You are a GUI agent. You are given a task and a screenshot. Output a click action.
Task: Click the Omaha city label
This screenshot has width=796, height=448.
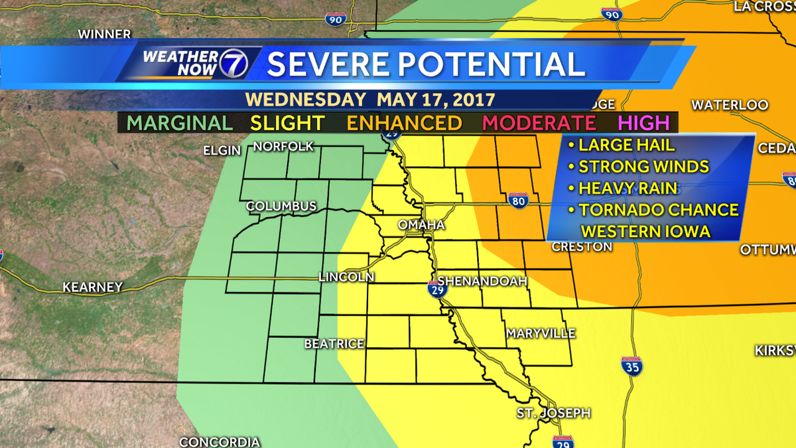[421, 226]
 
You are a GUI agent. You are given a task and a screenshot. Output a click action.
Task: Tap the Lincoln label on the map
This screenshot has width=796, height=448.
[346, 277]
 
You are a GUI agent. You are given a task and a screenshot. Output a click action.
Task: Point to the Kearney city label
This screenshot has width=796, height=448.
[93, 287]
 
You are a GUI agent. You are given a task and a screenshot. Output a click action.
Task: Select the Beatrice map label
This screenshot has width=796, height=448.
[334, 343]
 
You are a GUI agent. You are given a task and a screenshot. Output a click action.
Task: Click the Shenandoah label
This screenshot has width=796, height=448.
[482, 281]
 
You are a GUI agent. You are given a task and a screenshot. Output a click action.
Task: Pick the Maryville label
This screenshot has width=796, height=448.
[541, 333]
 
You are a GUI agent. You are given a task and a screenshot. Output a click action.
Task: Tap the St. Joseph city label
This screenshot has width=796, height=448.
[554, 413]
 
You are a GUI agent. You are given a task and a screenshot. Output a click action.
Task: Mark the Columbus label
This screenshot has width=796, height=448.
[281, 206]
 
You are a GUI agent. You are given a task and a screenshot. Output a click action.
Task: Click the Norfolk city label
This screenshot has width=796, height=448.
[283, 146]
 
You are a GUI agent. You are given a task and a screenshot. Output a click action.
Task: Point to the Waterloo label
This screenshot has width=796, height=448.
[730, 105]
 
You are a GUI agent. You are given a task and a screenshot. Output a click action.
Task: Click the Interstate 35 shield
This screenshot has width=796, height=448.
[631, 366]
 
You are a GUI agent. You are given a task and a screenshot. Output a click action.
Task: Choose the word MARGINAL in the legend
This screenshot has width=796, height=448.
[180, 123]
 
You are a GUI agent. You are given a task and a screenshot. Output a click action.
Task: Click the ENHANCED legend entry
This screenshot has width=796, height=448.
[404, 123]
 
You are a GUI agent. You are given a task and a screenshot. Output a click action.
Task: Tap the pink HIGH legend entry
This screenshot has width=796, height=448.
[644, 123]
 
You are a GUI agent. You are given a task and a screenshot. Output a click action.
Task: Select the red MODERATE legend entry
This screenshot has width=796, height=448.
[539, 123]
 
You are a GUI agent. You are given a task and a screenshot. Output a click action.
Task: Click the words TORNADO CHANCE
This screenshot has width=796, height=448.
[658, 210]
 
